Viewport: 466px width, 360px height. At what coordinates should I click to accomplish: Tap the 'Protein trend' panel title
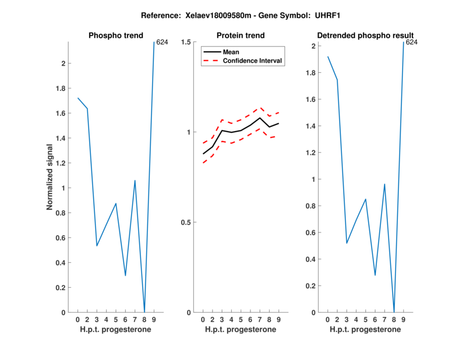(x=240, y=36)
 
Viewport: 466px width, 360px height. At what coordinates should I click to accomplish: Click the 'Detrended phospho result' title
(x=366, y=36)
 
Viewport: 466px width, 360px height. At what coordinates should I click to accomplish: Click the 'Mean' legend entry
(x=231, y=52)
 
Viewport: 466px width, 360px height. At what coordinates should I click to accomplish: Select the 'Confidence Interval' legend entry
(x=253, y=61)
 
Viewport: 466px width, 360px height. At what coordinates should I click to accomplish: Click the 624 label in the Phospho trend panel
(x=163, y=43)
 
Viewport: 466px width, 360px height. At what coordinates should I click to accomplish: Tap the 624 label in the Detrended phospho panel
(x=412, y=43)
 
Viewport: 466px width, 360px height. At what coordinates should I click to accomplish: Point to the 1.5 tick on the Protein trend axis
(x=188, y=42)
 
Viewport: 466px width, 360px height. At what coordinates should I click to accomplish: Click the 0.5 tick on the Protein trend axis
(x=188, y=223)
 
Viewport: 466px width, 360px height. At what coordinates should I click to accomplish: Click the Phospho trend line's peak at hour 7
(x=135, y=181)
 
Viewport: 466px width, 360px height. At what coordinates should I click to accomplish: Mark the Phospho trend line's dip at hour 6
(x=125, y=276)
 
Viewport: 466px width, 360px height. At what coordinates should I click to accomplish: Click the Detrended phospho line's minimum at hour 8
(x=394, y=312)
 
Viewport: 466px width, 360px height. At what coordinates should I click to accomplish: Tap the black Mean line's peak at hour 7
(x=260, y=118)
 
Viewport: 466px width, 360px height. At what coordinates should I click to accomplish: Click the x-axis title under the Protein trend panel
(x=241, y=330)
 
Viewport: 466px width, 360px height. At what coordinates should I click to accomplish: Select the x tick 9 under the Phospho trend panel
(x=154, y=320)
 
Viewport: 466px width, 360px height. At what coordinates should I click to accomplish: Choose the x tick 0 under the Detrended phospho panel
(x=328, y=320)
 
